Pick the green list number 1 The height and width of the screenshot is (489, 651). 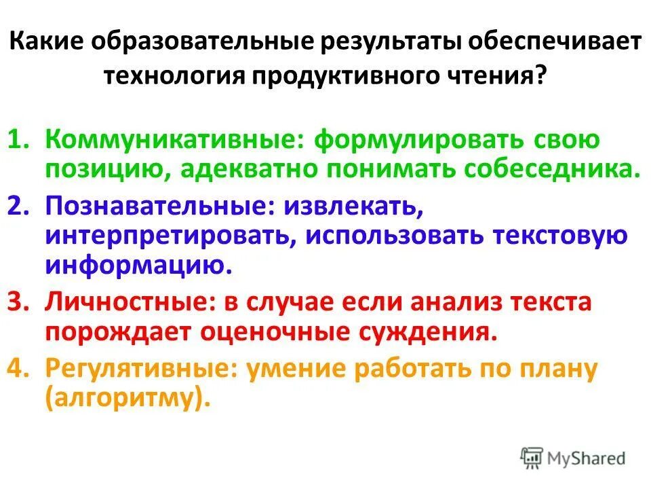click(x=18, y=141)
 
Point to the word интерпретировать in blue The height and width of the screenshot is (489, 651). click(x=169, y=234)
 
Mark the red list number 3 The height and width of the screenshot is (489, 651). click(x=18, y=301)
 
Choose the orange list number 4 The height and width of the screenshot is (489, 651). click(x=18, y=369)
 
